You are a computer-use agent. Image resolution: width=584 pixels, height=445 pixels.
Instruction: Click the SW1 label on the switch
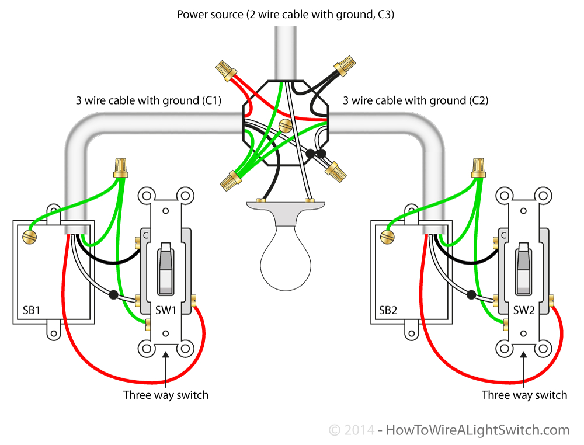pos(166,310)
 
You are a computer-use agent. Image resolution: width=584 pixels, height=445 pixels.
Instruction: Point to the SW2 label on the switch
pos(524,310)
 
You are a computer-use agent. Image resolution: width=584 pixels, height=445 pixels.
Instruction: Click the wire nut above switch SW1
pos(121,168)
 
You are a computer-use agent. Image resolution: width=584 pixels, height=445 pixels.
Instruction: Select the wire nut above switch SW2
pos(479,168)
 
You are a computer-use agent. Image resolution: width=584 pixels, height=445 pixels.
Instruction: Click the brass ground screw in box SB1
pos(28,237)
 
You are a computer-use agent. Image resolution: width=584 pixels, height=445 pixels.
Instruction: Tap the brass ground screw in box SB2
pos(386,237)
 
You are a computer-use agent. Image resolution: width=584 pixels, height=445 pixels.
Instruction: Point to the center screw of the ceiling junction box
pos(286,125)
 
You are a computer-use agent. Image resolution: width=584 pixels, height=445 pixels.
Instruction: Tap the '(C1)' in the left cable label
pos(211,100)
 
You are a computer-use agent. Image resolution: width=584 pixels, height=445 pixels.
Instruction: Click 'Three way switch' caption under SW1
pos(166,395)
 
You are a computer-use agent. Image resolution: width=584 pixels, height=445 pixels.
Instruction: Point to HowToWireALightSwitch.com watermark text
pos(477,430)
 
